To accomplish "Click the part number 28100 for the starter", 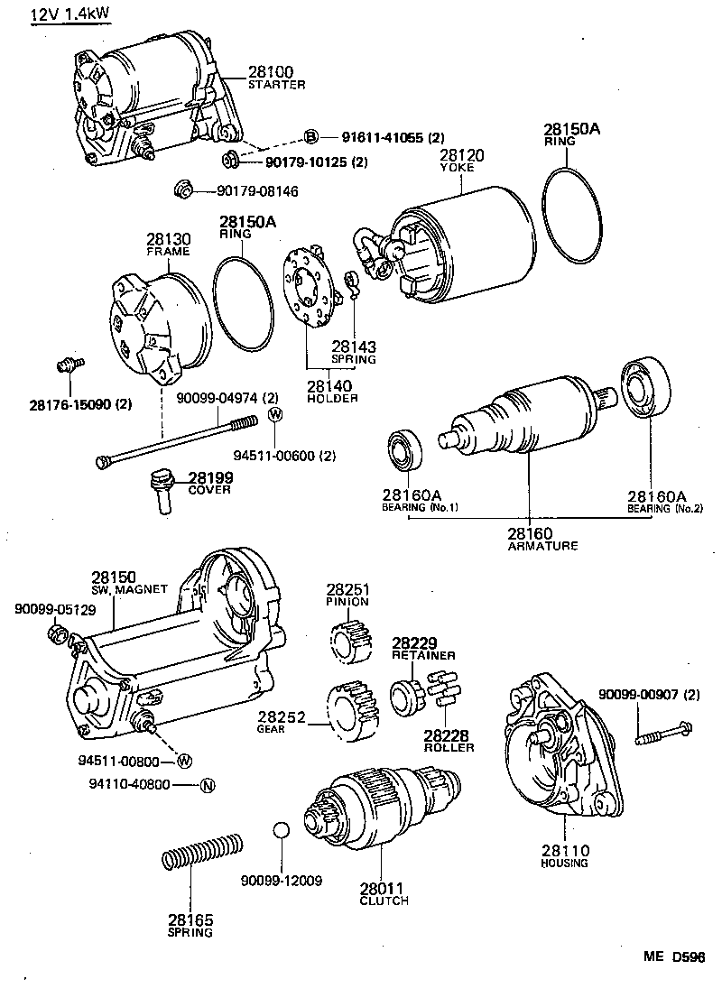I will click(x=269, y=72).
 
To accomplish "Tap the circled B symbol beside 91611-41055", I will click(x=310, y=137).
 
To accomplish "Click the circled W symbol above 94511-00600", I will click(x=275, y=414).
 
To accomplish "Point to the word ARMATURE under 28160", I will click(x=542, y=546).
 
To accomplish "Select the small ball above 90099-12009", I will click(x=282, y=831).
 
